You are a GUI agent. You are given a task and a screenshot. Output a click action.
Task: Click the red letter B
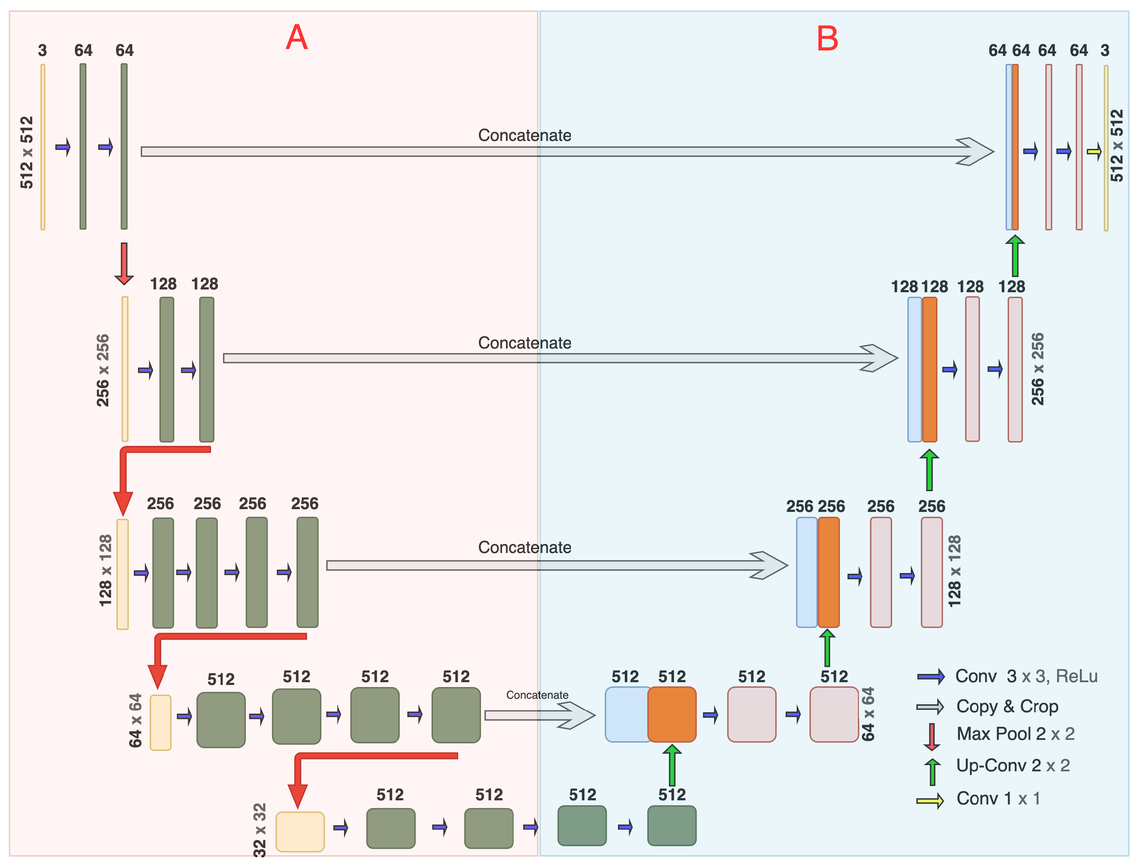(827, 39)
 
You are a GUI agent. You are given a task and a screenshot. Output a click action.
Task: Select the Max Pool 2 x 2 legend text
(1015, 733)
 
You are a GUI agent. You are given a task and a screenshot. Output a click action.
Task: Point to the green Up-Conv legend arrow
(932, 771)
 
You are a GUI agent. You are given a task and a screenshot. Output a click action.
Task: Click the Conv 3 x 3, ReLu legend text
(1026, 676)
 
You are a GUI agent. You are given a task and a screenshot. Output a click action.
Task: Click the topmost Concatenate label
(524, 135)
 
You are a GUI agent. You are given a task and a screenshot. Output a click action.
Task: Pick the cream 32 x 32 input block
(299, 831)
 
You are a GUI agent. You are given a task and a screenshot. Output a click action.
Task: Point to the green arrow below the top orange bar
(1015, 256)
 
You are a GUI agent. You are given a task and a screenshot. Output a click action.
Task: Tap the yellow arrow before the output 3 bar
(1094, 152)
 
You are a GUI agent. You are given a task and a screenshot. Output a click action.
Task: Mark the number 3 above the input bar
(42, 50)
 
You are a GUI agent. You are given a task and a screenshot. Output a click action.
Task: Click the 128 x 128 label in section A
(105, 570)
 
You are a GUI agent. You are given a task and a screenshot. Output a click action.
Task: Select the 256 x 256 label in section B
(1037, 369)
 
